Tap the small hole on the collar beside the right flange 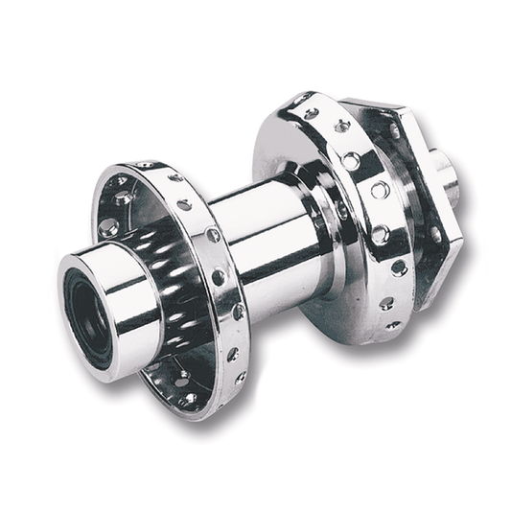pos(342,212)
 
